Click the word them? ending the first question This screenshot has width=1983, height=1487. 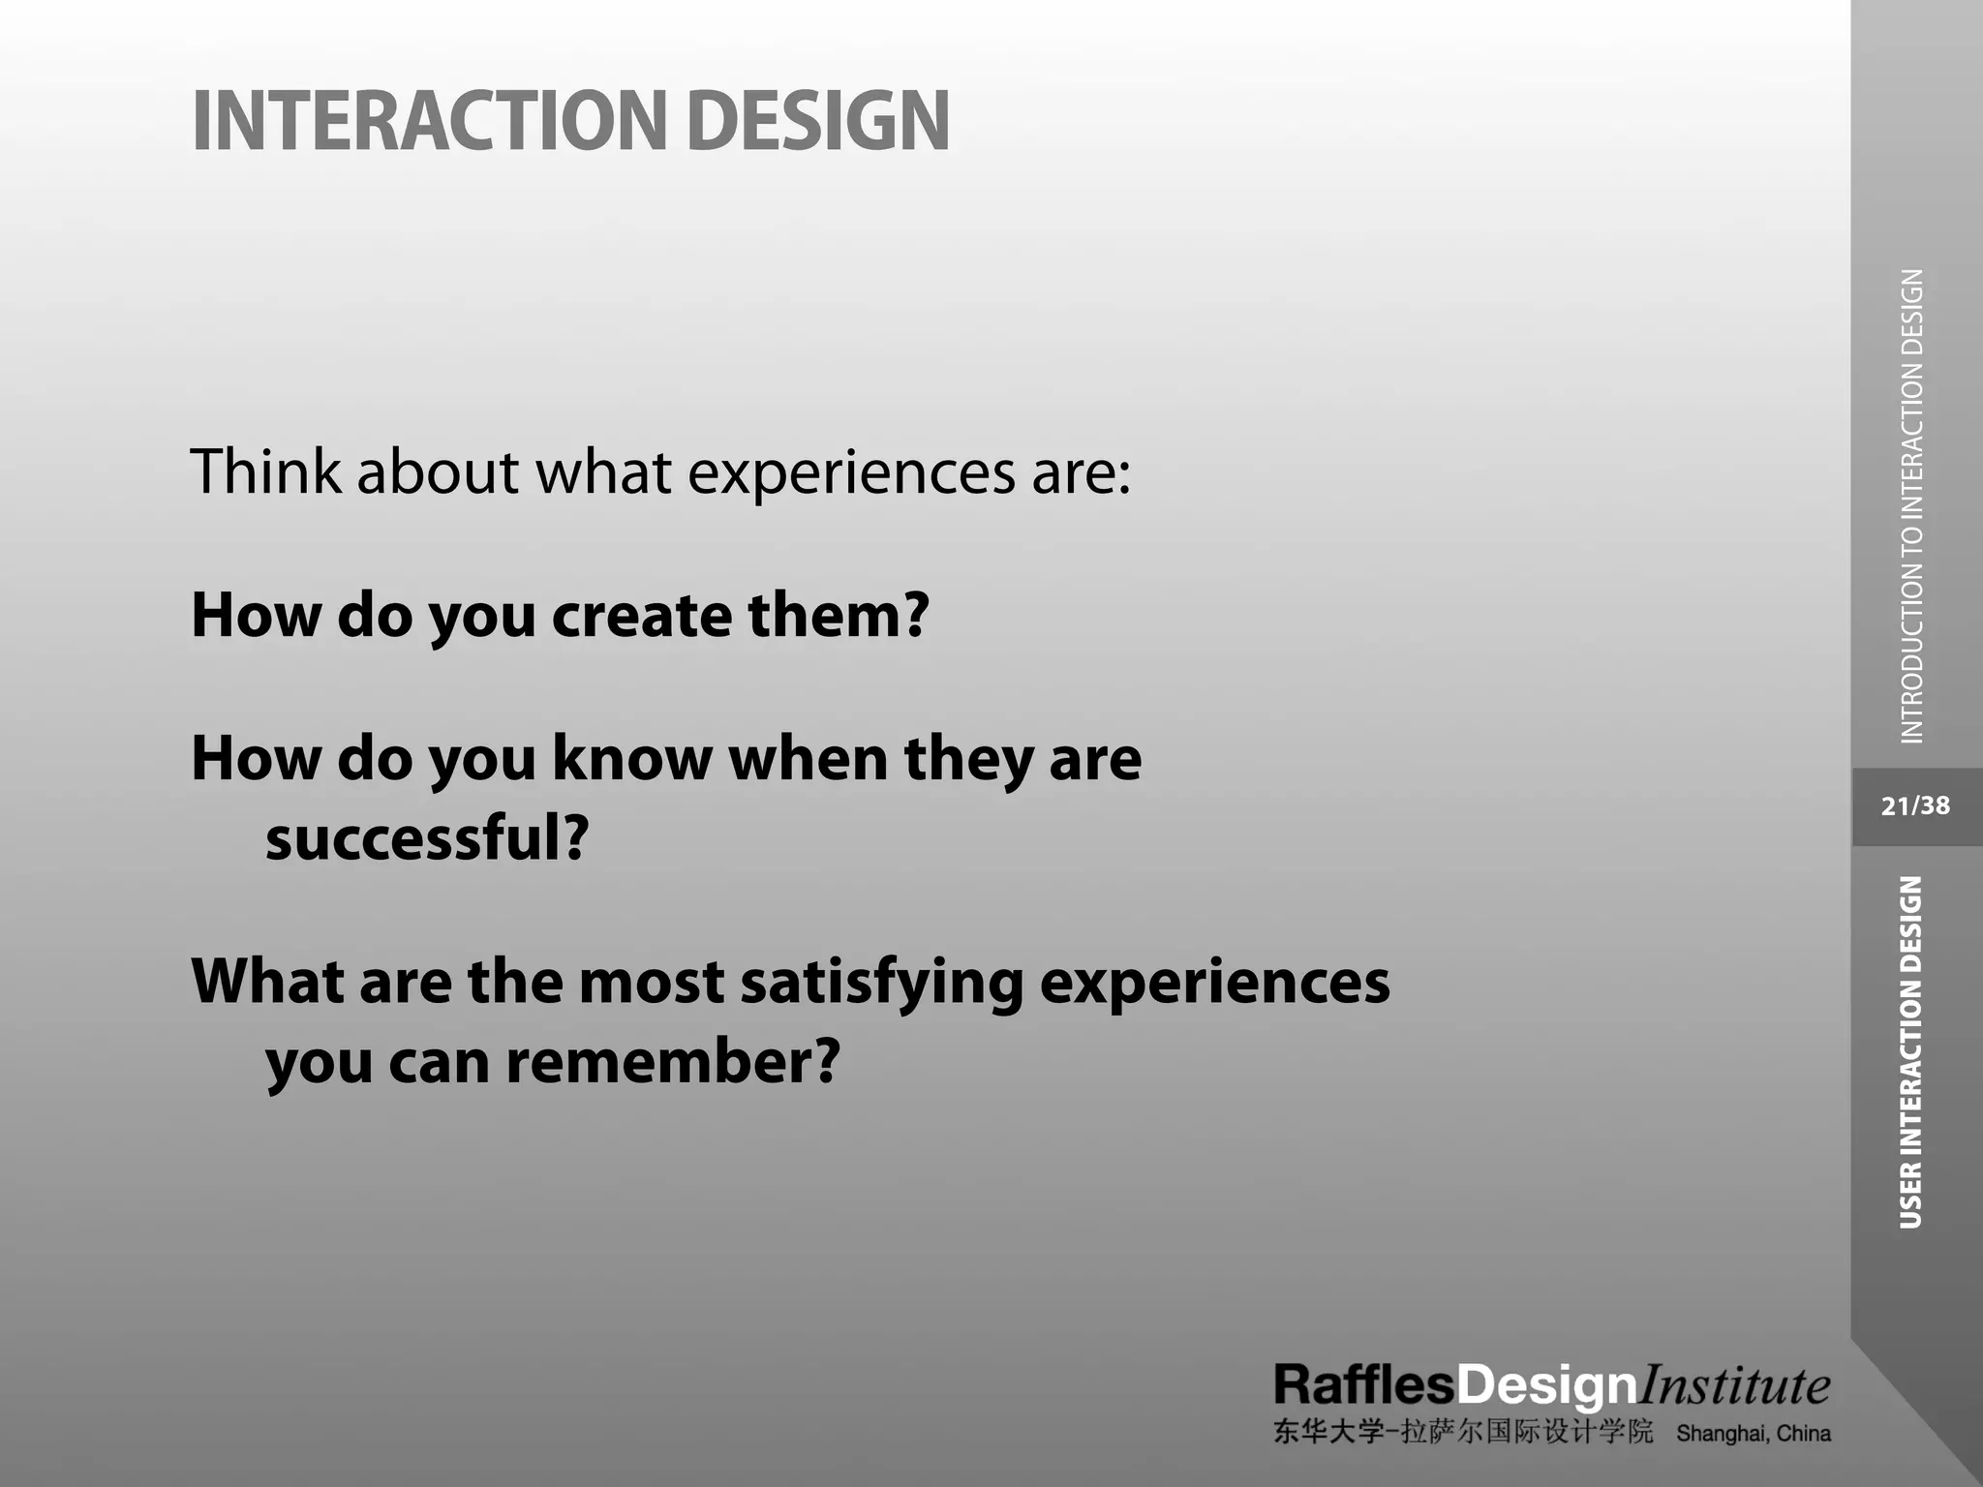[x=839, y=616]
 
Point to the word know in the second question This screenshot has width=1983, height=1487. [x=632, y=758]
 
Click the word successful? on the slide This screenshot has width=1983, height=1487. [x=427, y=838]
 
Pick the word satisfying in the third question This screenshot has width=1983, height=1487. [x=881, y=982]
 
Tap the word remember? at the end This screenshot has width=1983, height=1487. [x=673, y=1062]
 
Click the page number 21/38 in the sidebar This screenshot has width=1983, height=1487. [x=1915, y=806]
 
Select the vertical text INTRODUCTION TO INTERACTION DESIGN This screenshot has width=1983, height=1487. [x=1912, y=506]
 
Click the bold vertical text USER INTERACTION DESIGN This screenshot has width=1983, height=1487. [x=1910, y=1052]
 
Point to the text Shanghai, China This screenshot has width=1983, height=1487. [x=1753, y=1434]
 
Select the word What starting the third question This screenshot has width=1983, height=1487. [x=267, y=982]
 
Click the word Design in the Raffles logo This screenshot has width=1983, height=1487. [x=1546, y=1387]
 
